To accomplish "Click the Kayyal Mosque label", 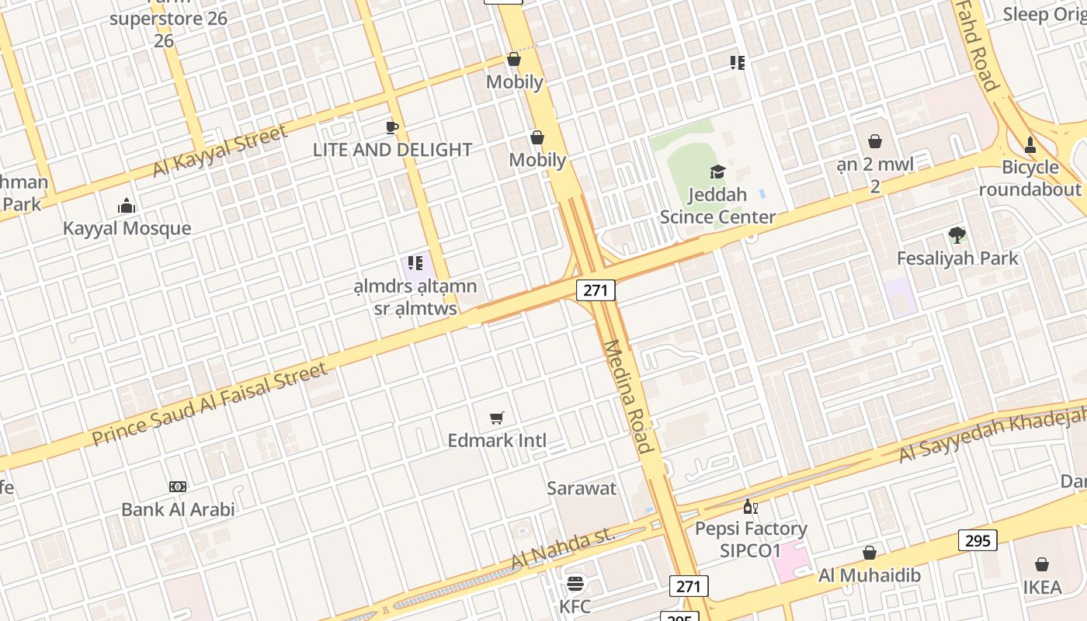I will click(x=127, y=228).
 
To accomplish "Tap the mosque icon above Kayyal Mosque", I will click(x=127, y=206).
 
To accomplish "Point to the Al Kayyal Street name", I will click(x=220, y=151).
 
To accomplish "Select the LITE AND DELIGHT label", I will click(x=392, y=150).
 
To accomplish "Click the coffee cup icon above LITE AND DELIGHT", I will click(x=392, y=127).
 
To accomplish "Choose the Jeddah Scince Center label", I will click(x=717, y=206).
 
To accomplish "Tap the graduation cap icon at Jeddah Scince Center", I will click(x=717, y=172).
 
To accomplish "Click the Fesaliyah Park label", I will click(x=957, y=258).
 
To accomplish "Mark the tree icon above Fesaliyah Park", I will click(x=957, y=234).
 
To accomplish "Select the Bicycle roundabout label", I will click(x=1030, y=179).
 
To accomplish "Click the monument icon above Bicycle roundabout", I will click(x=1030, y=144).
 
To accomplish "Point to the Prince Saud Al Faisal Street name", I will click(x=210, y=404).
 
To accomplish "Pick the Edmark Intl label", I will click(x=497, y=441).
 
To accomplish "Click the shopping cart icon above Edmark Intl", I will click(x=497, y=418).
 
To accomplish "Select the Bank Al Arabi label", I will click(x=178, y=510).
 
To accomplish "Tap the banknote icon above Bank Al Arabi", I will click(x=178, y=487).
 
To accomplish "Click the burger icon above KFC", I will click(x=575, y=584).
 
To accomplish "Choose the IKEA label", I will click(x=1041, y=588).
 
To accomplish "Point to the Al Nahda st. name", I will click(x=563, y=549).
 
